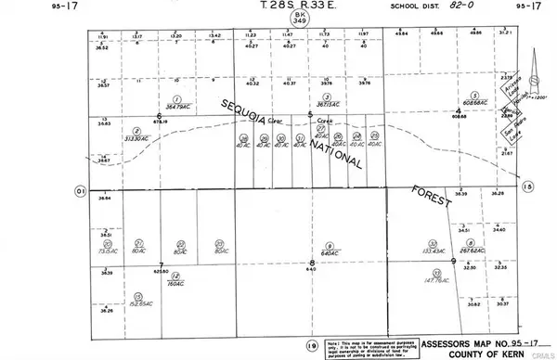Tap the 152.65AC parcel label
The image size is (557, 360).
click(x=141, y=303)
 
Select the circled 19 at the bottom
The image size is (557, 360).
click(x=312, y=342)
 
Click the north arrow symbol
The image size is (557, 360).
click(x=538, y=69)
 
